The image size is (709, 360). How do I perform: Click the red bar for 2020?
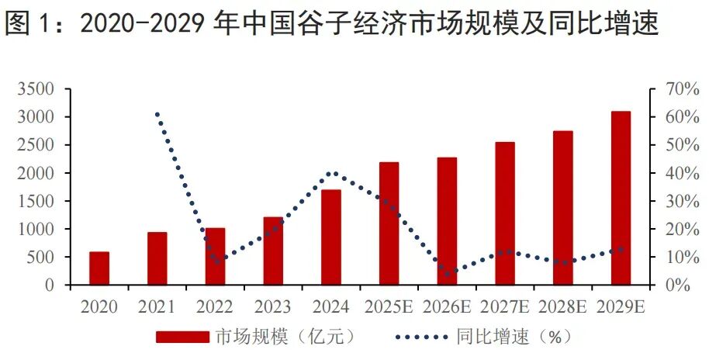[x=99, y=268]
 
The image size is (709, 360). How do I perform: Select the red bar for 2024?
[x=331, y=237]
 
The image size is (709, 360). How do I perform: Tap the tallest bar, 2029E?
[x=621, y=198]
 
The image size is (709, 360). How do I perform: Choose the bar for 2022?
[x=215, y=256]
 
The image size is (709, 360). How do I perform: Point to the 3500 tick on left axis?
[x=36, y=89]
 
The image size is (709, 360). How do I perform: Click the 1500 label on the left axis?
[x=36, y=201]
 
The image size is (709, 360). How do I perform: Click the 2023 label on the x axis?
[x=272, y=307]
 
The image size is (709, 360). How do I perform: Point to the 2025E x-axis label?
[x=389, y=307]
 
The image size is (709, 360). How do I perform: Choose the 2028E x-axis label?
[x=563, y=307]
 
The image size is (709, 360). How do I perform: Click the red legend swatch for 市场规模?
[x=182, y=337]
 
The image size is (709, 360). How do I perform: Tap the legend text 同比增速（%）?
[x=513, y=337]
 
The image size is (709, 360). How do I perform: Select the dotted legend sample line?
[x=422, y=337]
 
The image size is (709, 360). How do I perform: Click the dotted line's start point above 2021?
[x=157, y=115]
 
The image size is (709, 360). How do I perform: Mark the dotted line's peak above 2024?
[x=332, y=173]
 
